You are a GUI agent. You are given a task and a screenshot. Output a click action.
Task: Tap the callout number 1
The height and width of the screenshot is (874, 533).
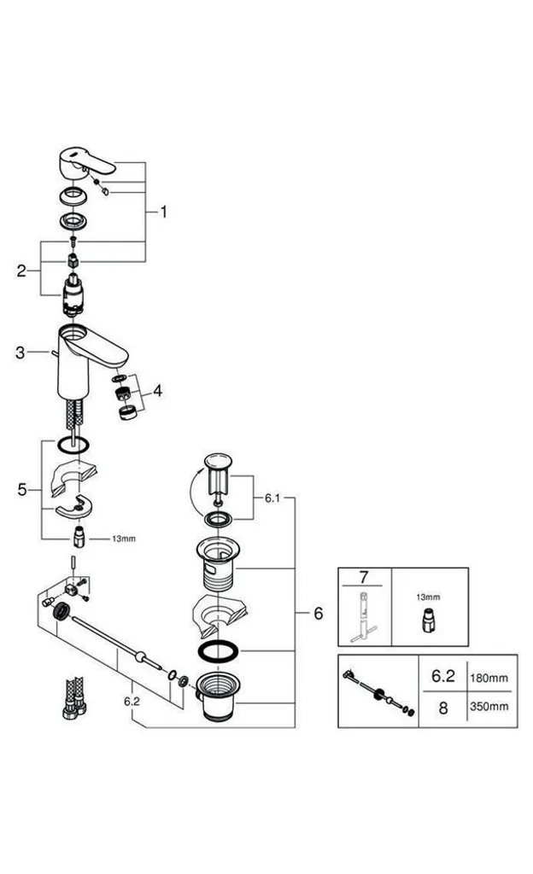[x=163, y=212]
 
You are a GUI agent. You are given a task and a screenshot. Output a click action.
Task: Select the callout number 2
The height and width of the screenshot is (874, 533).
[x=21, y=271]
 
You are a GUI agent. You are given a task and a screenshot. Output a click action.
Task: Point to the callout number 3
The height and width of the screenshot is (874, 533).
[x=20, y=353]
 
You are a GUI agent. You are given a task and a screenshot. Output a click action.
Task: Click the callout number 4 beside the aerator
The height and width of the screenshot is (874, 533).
[x=158, y=391]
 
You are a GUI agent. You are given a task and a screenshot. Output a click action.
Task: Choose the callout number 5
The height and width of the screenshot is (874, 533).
[x=21, y=489]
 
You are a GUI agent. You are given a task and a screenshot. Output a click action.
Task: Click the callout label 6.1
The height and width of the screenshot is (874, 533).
[x=272, y=498]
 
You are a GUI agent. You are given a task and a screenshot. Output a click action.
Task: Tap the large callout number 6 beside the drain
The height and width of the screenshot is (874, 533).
[x=319, y=613]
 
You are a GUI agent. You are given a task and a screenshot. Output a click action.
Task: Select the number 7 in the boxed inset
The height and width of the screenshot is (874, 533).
[x=364, y=576]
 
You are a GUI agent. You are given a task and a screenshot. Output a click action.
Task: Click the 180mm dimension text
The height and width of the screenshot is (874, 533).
[x=489, y=678]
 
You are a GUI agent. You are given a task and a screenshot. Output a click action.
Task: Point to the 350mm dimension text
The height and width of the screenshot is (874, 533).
[x=489, y=706]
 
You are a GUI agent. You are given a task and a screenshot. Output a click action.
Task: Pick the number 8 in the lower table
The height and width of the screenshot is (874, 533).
[x=442, y=708]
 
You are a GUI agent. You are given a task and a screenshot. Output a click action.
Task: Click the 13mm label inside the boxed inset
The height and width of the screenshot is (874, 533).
[x=428, y=597]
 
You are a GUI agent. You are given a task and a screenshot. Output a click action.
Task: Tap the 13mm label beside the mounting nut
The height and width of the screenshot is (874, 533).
[x=123, y=539]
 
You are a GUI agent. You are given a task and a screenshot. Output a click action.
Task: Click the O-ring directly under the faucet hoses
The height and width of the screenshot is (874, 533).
[x=73, y=446]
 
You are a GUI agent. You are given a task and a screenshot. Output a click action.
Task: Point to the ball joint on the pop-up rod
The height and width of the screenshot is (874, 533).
[x=140, y=656]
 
